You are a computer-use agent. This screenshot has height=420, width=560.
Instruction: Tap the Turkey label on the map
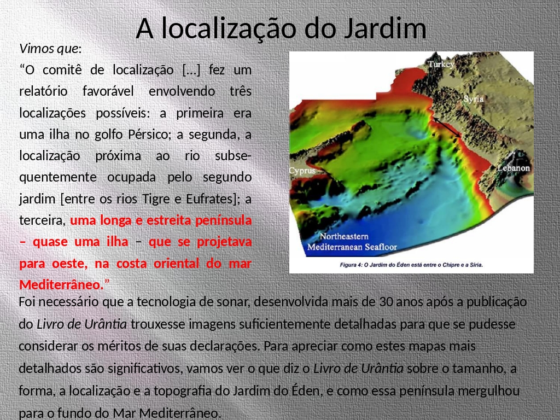click(x=441, y=65)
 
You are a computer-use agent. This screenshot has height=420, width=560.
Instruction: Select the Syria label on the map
click(x=474, y=99)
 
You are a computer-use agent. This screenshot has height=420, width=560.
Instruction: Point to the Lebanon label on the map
click(x=514, y=168)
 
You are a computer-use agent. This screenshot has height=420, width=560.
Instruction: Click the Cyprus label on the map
click(x=302, y=171)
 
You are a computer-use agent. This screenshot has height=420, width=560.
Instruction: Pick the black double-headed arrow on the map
click(x=447, y=127)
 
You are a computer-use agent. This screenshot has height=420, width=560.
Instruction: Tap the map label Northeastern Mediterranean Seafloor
click(x=352, y=242)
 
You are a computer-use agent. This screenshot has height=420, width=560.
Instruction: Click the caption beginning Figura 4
click(x=411, y=265)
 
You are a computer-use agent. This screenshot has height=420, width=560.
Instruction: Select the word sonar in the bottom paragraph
click(x=234, y=302)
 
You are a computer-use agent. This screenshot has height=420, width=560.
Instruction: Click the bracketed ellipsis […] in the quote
click(x=191, y=70)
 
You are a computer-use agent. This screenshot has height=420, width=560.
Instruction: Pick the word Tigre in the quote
click(x=156, y=199)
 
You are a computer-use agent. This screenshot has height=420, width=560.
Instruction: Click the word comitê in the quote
click(x=62, y=70)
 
